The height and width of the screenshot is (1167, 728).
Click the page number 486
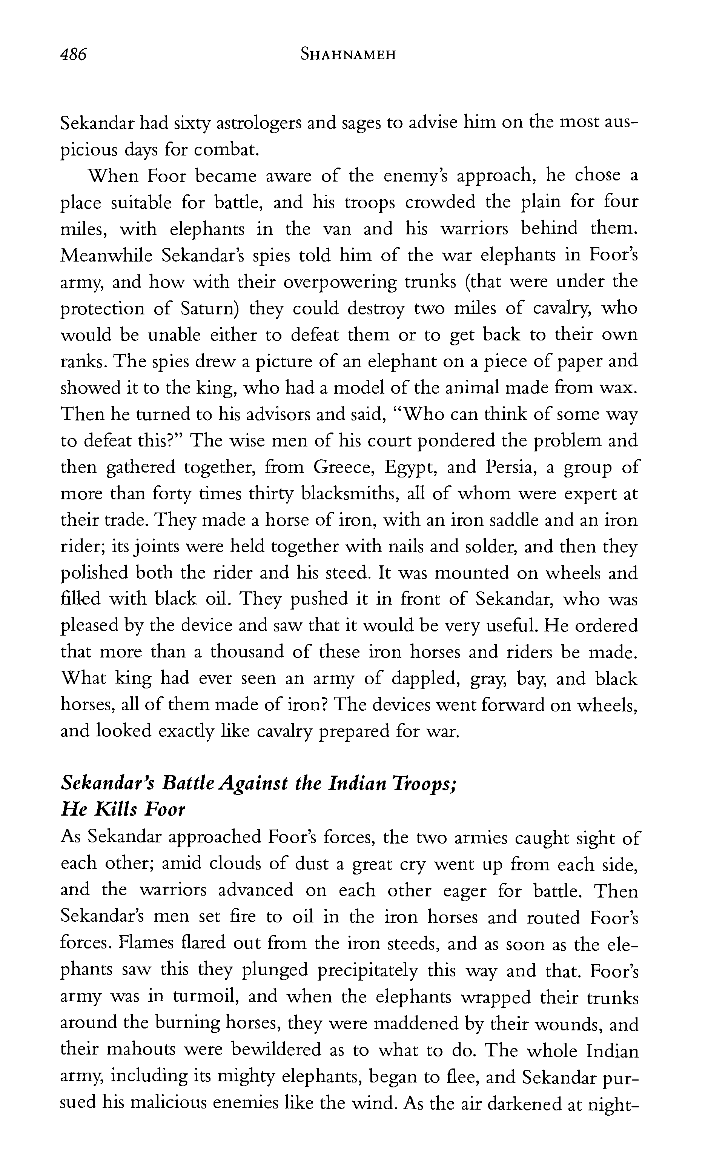coord(73,54)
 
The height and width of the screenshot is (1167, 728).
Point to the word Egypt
coord(410,467)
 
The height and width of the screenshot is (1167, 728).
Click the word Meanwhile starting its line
coord(106,255)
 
